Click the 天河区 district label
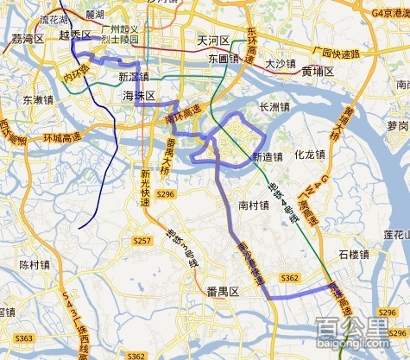click(x=211, y=41)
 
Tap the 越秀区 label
click(x=75, y=35)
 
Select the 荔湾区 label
click(x=28, y=40)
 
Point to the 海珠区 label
click(x=138, y=95)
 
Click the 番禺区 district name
click(x=222, y=293)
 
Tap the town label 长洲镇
click(x=276, y=107)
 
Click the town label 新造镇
click(x=268, y=157)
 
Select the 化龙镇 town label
click(x=309, y=155)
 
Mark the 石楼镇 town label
click(x=354, y=255)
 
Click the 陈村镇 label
click(x=36, y=265)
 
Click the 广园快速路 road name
click(x=335, y=54)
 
